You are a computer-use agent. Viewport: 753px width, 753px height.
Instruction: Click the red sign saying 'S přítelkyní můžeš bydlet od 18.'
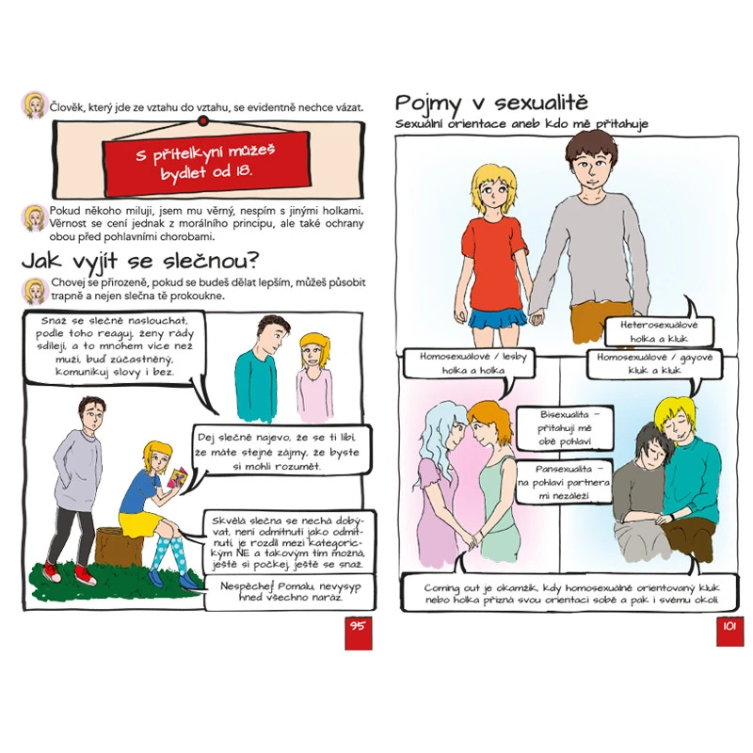click(x=206, y=164)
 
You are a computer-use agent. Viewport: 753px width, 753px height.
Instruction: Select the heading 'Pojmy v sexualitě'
click(x=490, y=103)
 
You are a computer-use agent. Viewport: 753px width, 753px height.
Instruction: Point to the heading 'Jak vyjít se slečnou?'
click(x=139, y=262)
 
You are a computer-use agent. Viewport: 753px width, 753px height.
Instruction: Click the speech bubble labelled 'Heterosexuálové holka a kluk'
click(x=659, y=331)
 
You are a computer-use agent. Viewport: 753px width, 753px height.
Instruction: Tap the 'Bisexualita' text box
click(x=564, y=428)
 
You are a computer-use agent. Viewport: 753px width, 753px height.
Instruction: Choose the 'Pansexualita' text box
click(x=564, y=482)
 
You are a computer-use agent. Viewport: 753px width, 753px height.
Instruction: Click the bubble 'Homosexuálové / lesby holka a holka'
click(x=469, y=363)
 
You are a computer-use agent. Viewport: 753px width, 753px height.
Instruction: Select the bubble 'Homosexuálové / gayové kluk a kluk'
click(x=654, y=363)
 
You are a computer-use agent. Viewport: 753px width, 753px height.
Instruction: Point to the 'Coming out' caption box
click(x=571, y=593)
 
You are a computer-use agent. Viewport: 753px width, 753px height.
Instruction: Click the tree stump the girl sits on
click(x=119, y=547)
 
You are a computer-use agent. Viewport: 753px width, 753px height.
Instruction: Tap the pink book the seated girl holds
click(x=178, y=477)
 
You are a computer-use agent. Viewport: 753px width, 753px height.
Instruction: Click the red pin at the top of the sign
click(x=203, y=121)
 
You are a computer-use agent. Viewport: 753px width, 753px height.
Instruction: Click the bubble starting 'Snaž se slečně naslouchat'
click(x=114, y=346)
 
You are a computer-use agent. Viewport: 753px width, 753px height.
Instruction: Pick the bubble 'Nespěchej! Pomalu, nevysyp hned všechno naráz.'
click(x=290, y=592)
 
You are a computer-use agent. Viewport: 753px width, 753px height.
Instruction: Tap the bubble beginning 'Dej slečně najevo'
click(x=281, y=452)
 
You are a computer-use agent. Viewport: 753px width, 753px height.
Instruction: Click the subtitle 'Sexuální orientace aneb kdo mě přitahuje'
click(x=521, y=124)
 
